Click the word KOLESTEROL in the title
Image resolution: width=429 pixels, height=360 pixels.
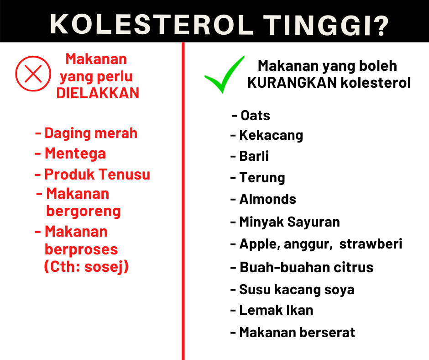pos(152,25)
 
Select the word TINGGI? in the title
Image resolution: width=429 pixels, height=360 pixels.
pos(326,25)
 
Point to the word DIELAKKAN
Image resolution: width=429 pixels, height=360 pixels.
pos(98,93)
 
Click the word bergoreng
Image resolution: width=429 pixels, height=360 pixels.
pos(83,212)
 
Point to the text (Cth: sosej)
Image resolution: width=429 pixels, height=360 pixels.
pos(86,267)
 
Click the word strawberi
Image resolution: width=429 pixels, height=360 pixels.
pos(371,244)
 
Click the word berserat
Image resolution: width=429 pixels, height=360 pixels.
pos(328,333)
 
